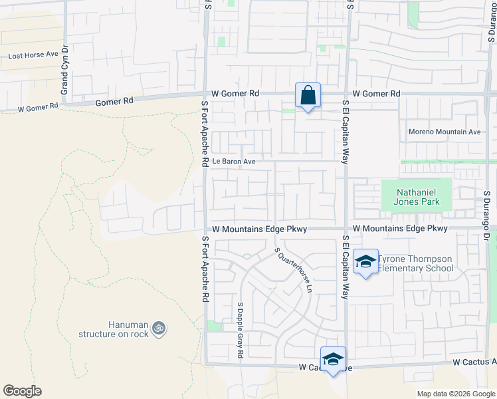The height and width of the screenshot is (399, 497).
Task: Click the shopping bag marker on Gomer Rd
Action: coord(308,96)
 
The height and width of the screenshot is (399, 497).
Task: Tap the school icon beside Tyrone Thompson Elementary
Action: coord(365,261)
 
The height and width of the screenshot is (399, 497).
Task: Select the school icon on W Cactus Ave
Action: coord(333,360)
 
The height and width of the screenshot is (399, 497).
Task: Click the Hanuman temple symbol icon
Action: coord(158,327)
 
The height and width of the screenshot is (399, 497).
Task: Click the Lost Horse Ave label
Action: coord(33,55)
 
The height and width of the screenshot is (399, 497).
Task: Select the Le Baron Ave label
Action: coord(234,161)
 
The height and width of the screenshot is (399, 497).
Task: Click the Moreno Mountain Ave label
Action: coord(445,132)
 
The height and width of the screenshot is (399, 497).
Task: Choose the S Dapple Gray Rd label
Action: coord(239,331)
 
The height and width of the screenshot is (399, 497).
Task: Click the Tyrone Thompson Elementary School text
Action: coord(416,263)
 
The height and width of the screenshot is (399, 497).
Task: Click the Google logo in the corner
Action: coord(22,391)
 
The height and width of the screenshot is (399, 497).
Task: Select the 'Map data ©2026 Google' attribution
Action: coord(456,394)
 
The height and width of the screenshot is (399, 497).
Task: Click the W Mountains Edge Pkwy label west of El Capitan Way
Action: coord(259,229)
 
